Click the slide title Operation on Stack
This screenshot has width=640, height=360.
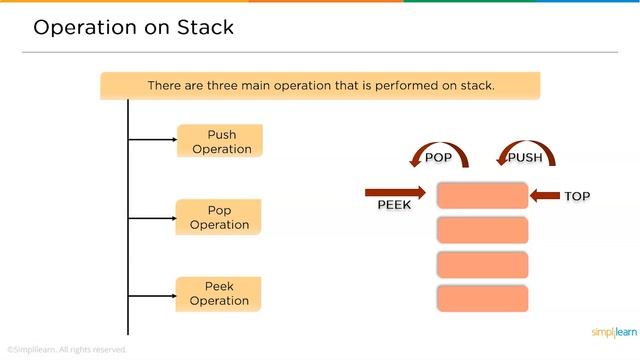134,27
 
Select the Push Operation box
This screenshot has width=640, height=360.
221,141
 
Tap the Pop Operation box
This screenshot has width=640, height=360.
219,217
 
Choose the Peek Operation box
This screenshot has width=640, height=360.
219,294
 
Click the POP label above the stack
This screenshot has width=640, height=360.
439,157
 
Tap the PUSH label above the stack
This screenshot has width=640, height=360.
525,157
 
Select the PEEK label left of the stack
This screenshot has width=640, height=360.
394,204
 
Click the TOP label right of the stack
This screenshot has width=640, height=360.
577,196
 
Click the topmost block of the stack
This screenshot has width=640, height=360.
482,196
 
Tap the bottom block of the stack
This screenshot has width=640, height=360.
482,299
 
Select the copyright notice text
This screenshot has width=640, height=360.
66,349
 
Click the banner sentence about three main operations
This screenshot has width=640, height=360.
320,85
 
